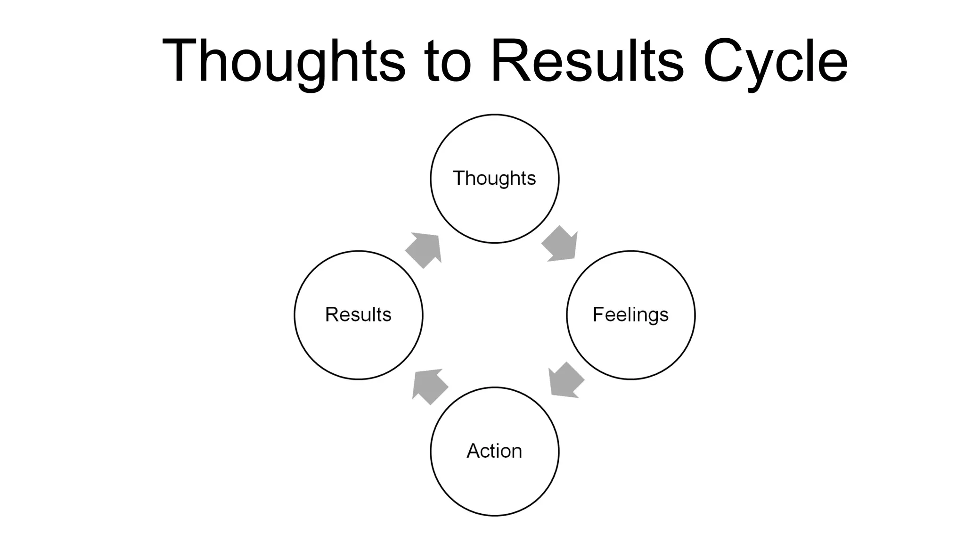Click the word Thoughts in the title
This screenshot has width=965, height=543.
pos(283,61)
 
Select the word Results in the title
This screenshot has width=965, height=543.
pos(587,61)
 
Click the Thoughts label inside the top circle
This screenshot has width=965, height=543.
pos(494,179)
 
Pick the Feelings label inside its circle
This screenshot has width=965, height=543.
pos(630,315)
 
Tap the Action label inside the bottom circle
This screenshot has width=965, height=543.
pos(494,451)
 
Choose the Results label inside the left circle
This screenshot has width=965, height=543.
pos(358,315)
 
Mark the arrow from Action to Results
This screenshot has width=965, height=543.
pos(429,386)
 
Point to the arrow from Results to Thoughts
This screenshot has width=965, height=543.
pos(424,250)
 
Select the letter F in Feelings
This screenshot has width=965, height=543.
pos(597,314)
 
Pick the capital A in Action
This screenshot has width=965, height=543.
pos(474,451)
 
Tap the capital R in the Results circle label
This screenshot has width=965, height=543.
pos(331,314)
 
